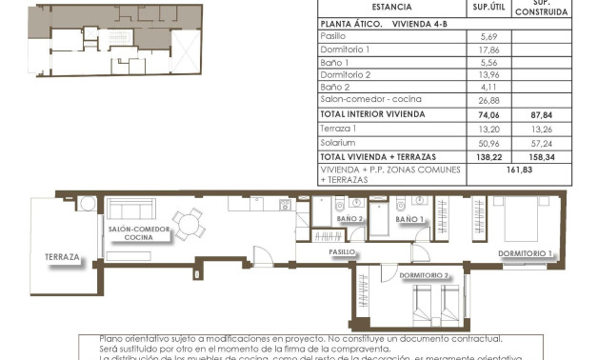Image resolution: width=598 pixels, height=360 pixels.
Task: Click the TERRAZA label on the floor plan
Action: coord(61,257)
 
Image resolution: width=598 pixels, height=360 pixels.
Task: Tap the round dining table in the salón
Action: coord(190,225)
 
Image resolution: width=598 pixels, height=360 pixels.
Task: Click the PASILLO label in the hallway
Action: coord(343,252)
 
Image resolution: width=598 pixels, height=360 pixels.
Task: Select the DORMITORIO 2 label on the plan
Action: coord(426,275)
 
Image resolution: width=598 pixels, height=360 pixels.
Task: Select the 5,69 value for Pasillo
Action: coord(490,35)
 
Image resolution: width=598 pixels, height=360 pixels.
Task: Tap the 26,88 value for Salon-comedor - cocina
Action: coord(490,99)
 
